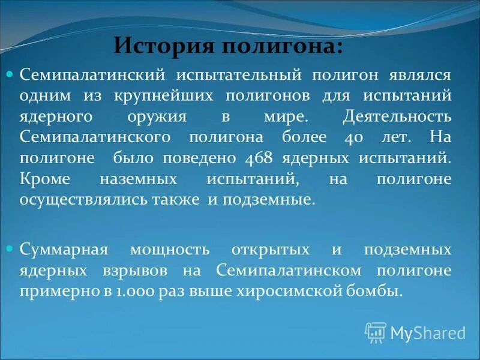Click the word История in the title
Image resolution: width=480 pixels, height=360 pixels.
point(157,45)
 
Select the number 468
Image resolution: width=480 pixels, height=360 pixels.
point(259,158)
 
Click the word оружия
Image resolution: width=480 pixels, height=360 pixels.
point(161,116)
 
